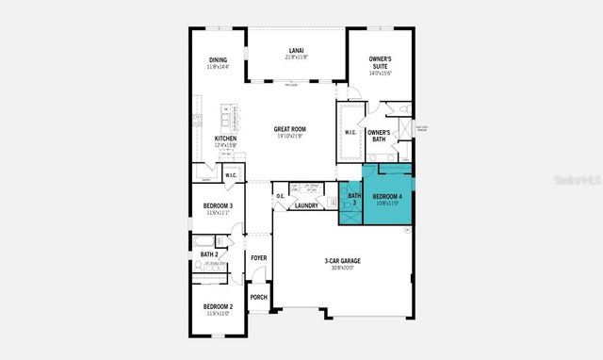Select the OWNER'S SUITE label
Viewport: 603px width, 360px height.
(381, 63)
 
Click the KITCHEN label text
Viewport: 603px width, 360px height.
(225, 139)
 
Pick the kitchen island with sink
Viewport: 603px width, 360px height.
(228, 117)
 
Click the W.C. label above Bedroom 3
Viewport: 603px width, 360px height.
(231, 173)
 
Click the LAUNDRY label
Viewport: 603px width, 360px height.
(306, 205)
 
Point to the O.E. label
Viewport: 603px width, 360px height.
(281, 197)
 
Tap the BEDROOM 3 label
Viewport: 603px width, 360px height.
(218, 207)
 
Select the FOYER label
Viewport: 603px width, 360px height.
(258, 256)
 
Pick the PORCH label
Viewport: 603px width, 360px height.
(258, 298)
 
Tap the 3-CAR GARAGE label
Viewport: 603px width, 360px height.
(344, 263)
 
